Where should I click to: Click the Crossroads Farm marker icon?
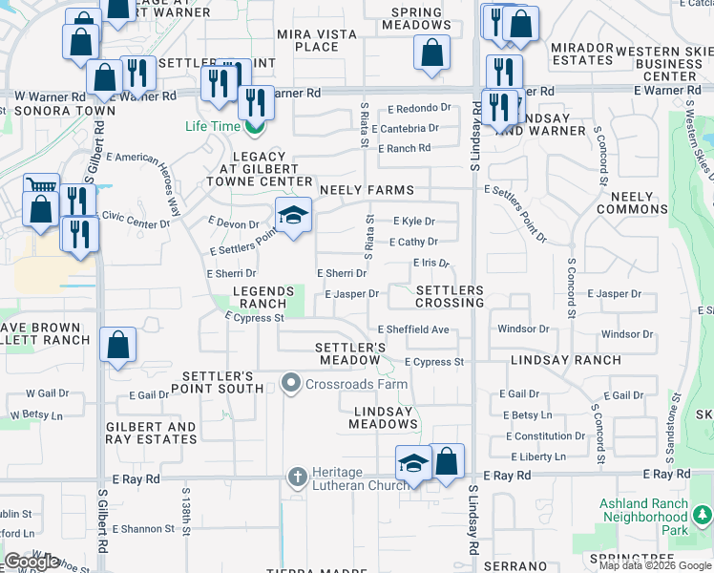[291, 384]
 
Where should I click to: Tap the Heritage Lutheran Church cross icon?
[297, 476]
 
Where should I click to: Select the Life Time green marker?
[254, 126]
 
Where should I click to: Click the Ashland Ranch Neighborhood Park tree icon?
[703, 516]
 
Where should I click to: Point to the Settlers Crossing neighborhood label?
[450, 296]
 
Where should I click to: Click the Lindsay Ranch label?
[565, 361]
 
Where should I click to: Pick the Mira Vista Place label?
[318, 40]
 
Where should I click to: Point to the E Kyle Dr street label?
[413, 221]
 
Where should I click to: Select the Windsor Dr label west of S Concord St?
[523, 329]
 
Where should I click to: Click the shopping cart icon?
[40, 187]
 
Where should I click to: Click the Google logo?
[32, 562]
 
